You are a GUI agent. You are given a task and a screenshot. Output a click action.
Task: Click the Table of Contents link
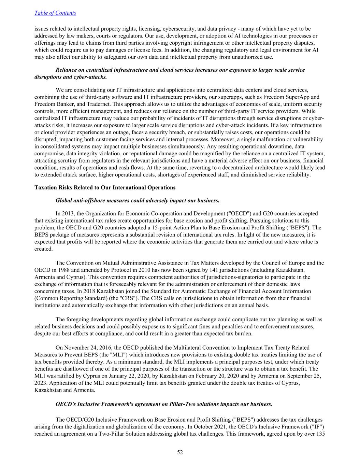click(55, 13)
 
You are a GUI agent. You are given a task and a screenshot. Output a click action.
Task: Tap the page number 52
click(180, 452)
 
